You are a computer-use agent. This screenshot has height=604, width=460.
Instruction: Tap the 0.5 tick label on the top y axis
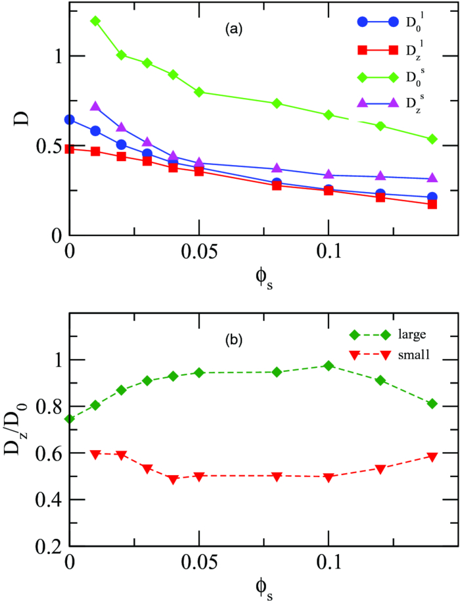click(48, 146)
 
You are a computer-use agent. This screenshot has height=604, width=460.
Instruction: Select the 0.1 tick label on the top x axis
click(329, 253)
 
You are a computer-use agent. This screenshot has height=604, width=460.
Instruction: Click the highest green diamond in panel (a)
click(95, 21)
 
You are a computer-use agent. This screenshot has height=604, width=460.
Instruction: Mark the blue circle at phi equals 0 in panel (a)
click(69, 120)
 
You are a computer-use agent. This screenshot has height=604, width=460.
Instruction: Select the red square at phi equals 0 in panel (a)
click(69, 149)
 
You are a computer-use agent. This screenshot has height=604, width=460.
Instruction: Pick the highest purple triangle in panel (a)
click(95, 106)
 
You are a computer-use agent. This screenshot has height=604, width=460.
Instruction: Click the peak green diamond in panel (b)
click(329, 365)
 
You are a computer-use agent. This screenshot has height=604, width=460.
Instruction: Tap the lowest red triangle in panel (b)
click(173, 480)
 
